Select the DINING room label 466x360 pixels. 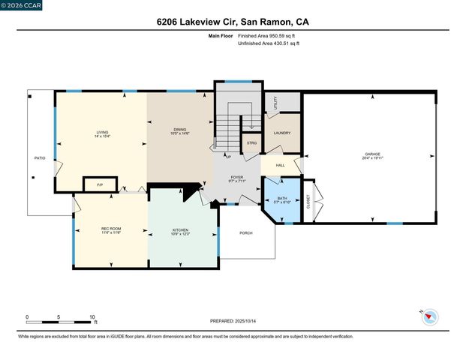[180, 132]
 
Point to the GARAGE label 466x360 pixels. [373, 156]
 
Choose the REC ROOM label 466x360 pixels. [111, 231]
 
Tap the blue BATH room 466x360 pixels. [282, 200]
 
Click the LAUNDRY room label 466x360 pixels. [282, 133]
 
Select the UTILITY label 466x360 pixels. [276, 102]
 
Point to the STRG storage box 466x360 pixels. [251, 142]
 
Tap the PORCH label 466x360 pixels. [245, 233]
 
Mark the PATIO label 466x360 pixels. [40, 158]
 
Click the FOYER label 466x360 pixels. [238, 178]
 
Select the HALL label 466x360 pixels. [280, 165]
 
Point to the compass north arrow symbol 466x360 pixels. [430, 317]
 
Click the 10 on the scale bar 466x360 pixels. [92, 316]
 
